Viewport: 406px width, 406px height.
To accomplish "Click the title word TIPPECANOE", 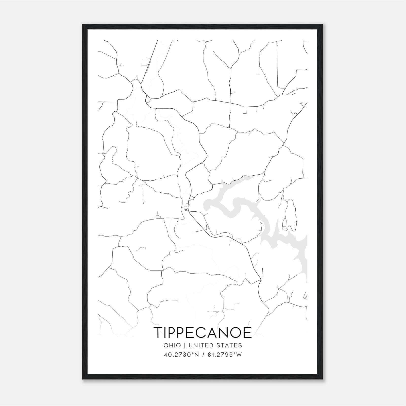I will coord(202,332).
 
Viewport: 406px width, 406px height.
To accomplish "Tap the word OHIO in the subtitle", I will coord(172,345).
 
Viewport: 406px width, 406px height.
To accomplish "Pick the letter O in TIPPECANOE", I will coord(234,332).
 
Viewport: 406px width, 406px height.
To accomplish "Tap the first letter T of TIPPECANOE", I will coord(158,332).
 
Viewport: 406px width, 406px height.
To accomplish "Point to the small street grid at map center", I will coord(187,207).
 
